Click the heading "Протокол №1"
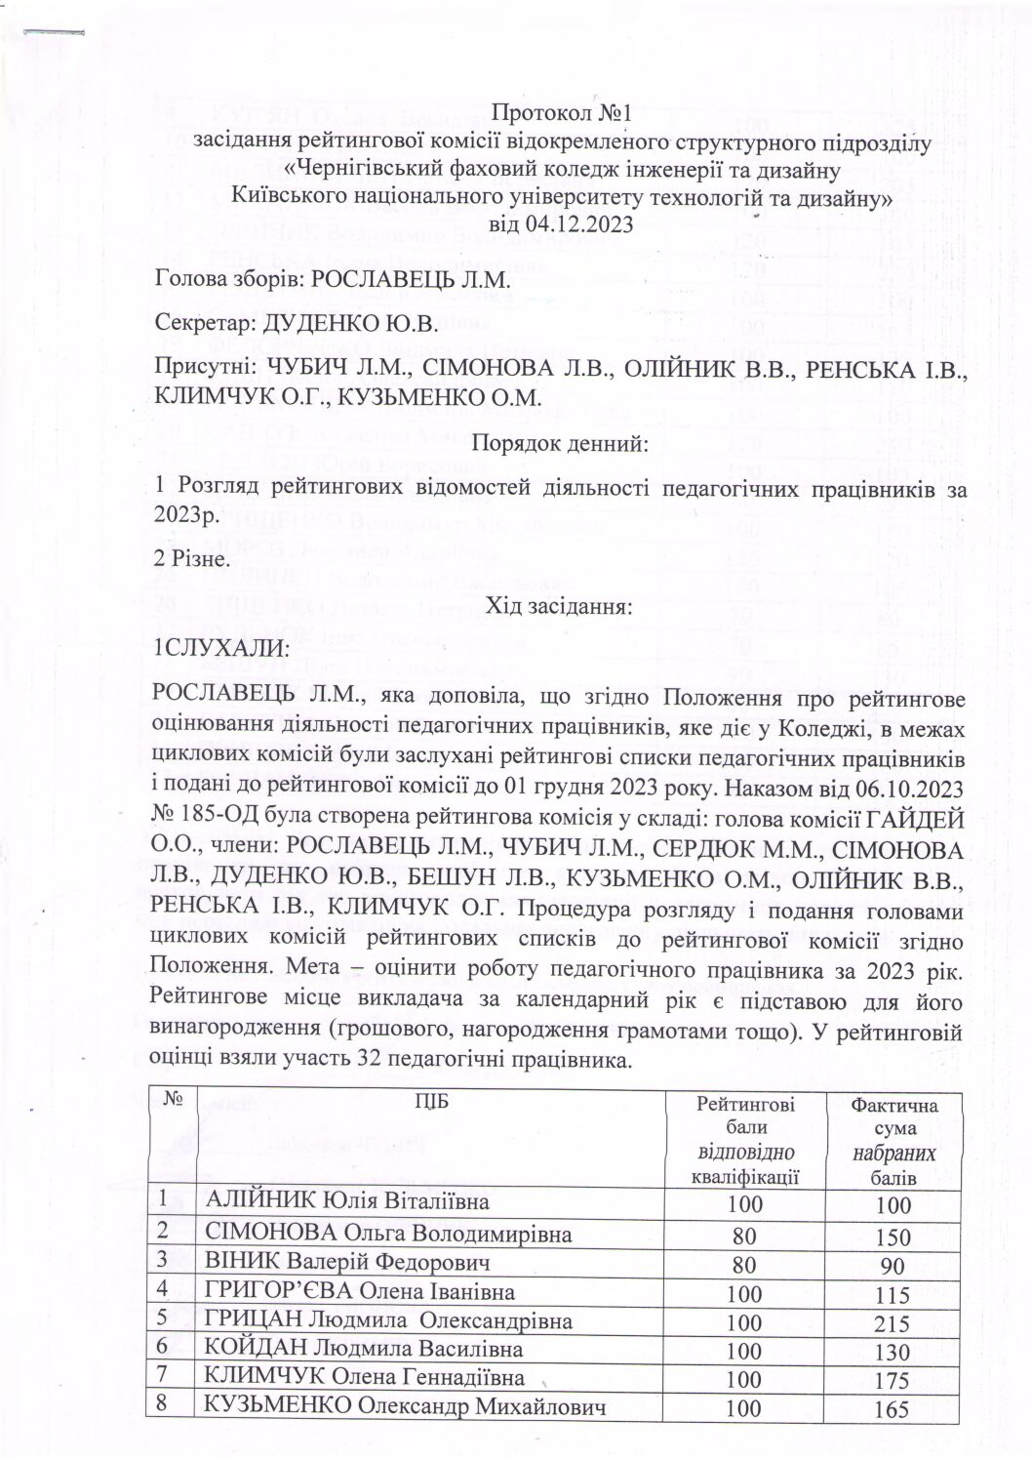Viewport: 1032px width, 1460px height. click(x=561, y=110)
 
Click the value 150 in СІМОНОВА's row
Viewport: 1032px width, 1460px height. click(x=893, y=1236)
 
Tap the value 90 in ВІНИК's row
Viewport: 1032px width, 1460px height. click(x=893, y=1266)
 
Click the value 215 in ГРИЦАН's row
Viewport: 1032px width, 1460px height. click(x=893, y=1323)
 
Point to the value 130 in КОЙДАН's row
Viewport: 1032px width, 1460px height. click(x=893, y=1353)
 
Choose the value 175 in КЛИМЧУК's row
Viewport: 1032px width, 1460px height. click(x=893, y=1382)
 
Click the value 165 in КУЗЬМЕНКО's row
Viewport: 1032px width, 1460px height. click(x=893, y=1410)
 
